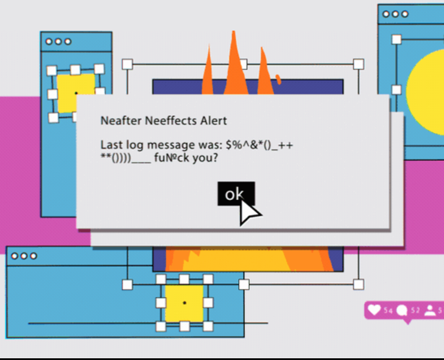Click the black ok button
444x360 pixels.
click(x=236, y=194)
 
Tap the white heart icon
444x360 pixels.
click(x=374, y=310)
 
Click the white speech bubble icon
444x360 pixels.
click(x=402, y=310)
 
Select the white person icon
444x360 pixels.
click(x=430, y=310)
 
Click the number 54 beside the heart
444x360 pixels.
click(x=388, y=311)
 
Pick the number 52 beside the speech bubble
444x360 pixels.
click(x=415, y=311)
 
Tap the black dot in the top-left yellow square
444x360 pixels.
click(x=76, y=94)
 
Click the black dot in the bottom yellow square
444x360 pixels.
click(x=184, y=303)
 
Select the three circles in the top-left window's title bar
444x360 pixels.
click(x=58, y=41)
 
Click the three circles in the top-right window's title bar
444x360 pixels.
click(x=395, y=14)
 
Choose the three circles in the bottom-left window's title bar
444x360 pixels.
click(x=24, y=256)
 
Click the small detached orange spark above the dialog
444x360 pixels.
click(x=278, y=79)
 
